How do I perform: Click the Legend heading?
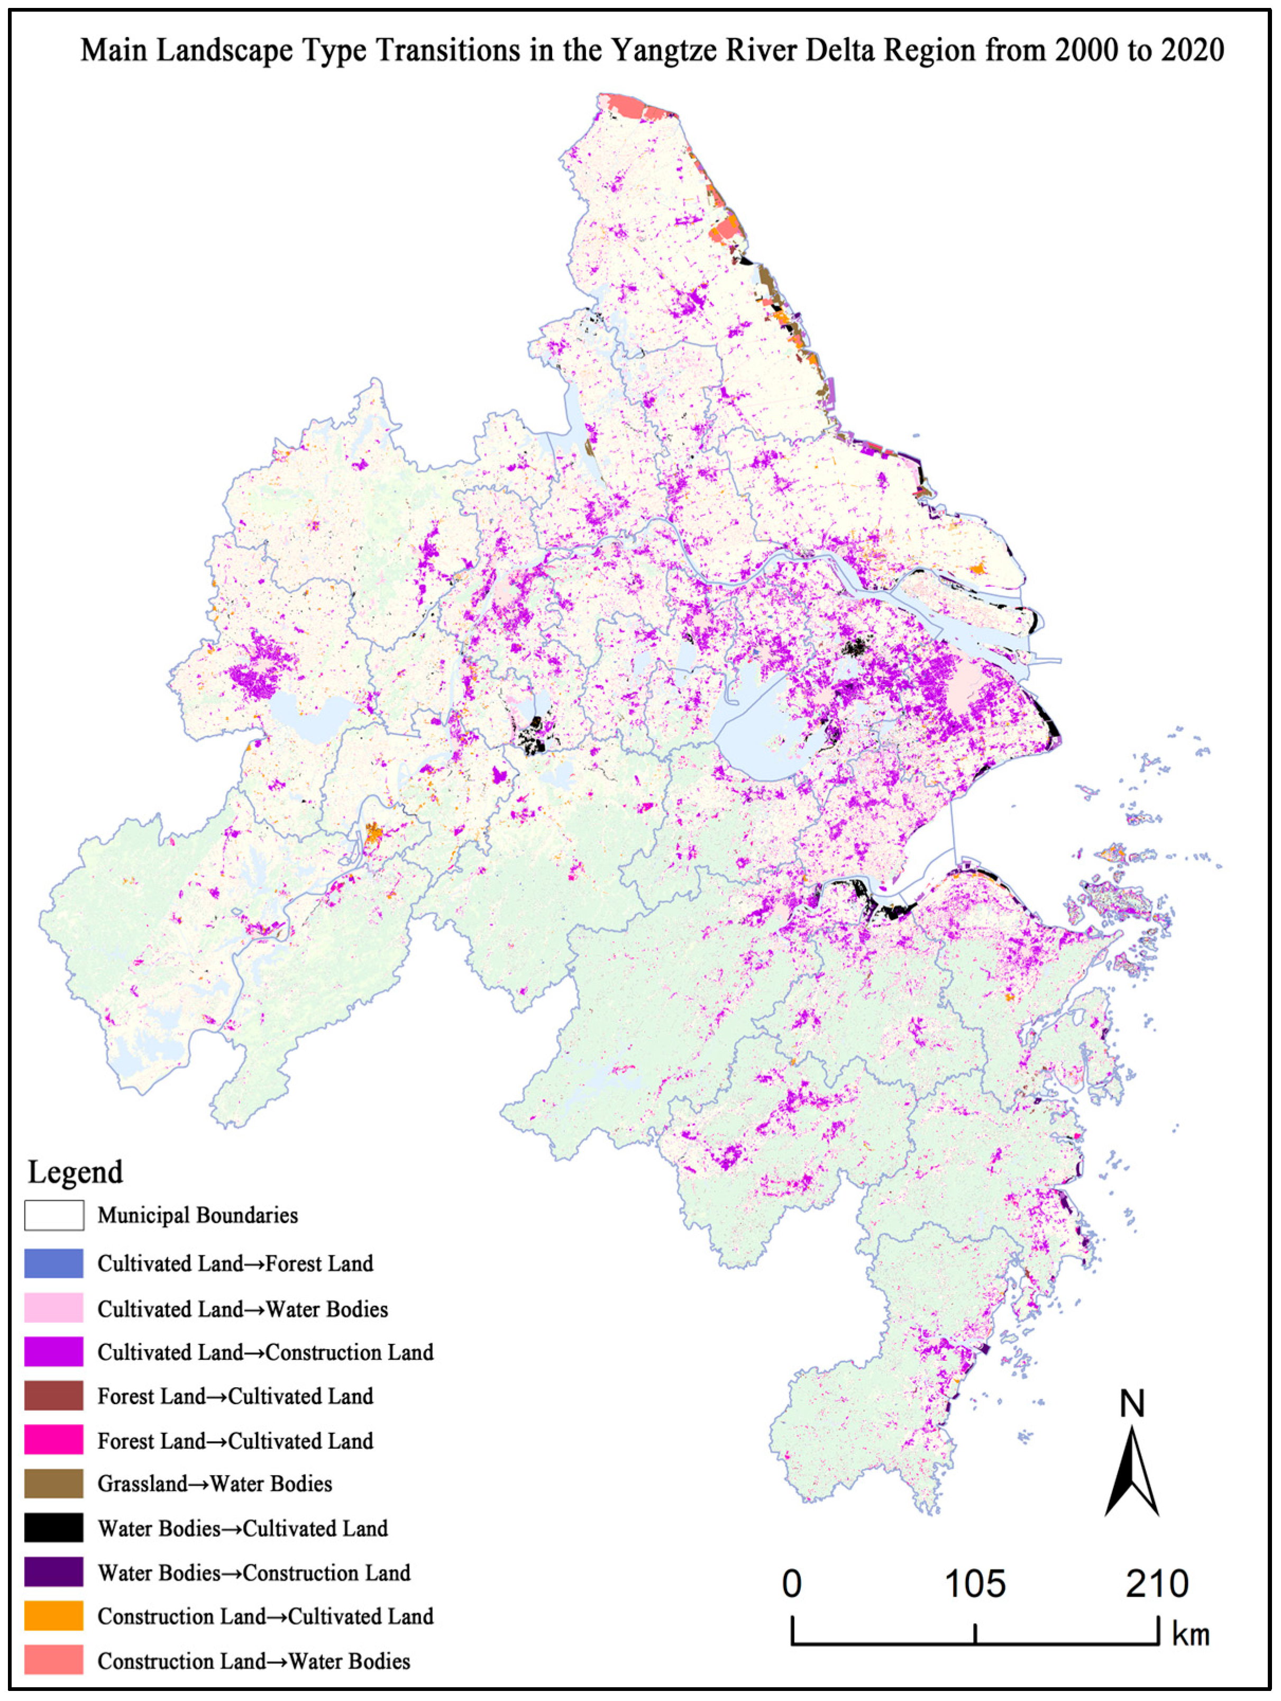75,1172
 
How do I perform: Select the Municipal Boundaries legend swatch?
54,1216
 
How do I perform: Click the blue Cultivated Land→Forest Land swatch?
54,1263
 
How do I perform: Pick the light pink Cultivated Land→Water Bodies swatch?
54,1308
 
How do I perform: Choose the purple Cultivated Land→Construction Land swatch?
54,1352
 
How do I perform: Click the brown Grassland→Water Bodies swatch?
54,1484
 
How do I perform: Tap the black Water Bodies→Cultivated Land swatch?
54,1528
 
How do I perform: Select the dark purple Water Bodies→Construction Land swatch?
54,1572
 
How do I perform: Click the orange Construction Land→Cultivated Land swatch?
54,1616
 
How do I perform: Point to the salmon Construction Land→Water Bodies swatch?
54,1660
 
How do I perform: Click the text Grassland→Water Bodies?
215,1484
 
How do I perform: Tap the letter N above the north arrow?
1132,1404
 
